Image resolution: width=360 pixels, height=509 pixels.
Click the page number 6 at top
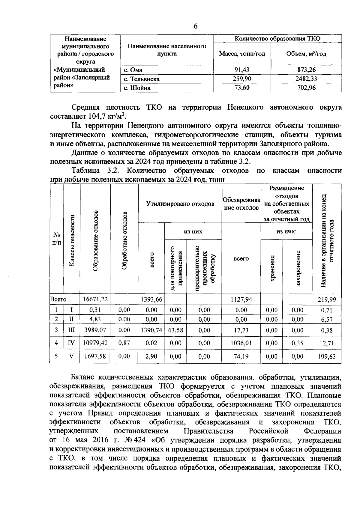pos(195,26)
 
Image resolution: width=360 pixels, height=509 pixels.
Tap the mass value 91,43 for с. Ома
pos(242,70)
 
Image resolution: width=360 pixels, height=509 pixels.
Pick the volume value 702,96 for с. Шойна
pos(306,88)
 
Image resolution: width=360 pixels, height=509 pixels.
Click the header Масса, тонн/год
pos(242,54)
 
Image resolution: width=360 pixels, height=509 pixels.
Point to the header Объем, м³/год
pos(306,54)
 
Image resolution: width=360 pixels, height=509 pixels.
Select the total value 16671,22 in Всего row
pos(95,299)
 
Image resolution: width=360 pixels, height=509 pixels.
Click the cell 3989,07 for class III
pos(95,330)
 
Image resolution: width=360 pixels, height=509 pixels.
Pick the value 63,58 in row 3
pos(175,330)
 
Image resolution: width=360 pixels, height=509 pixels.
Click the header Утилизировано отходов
pos(180,204)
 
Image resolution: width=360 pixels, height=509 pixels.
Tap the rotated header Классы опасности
pos(72,240)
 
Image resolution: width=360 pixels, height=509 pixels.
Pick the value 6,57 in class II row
pos(327,320)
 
